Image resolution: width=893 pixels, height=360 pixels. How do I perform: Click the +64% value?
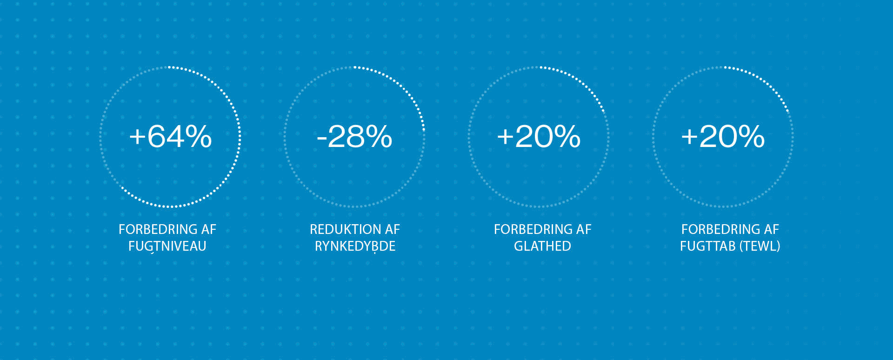coord(170,136)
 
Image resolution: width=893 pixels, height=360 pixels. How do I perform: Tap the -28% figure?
coord(354,136)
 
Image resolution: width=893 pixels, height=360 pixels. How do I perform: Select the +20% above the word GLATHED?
coord(539,136)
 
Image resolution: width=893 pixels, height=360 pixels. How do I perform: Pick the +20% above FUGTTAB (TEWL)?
coord(723,136)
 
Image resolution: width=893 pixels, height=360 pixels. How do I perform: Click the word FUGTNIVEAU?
coord(167,246)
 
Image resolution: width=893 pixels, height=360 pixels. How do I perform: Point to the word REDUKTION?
coord(339,229)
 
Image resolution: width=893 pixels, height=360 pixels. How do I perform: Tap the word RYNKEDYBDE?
coord(355,246)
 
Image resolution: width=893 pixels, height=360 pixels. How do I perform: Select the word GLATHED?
coord(542,246)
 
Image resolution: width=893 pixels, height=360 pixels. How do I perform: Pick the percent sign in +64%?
coord(199,136)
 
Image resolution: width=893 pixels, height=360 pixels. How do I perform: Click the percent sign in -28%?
coord(379,136)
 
